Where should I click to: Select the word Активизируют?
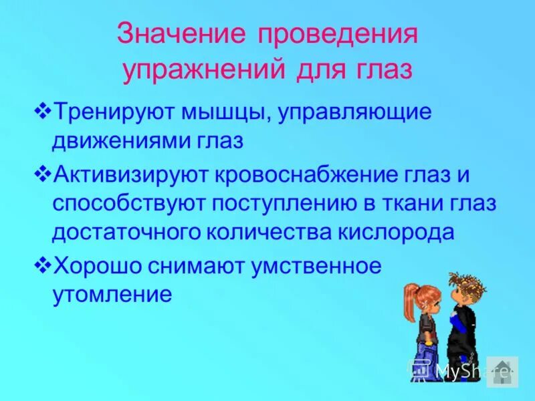(130, 175)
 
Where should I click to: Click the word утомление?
(113, 295)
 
